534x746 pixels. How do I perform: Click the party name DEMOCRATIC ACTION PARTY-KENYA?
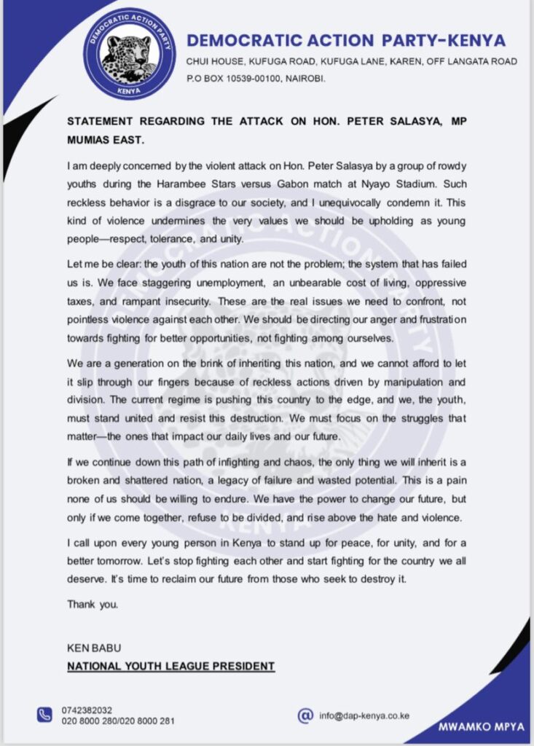pyautogui.click(x=345, y=41)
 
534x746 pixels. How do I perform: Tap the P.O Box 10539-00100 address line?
pyautogui.click(x=255, y=78)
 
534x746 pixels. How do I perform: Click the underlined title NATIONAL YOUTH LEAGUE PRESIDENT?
pyautogui.click(x=170, y=666)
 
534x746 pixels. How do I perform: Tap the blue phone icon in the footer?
pyautogui.click(x=45, y=715)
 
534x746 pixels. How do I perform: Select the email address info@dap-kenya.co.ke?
pyautogui.click(x=364, y=715)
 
